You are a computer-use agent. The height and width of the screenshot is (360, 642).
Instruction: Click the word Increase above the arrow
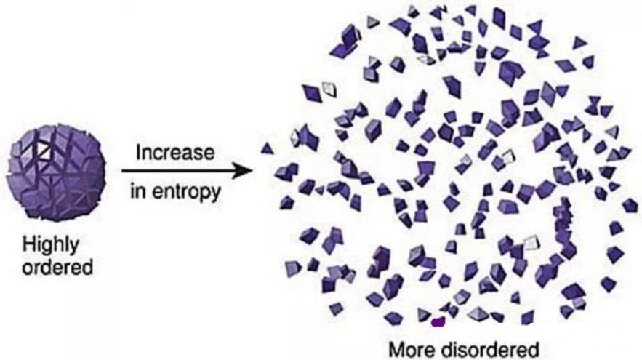pos(175,152)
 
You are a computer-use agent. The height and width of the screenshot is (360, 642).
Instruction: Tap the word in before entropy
pos(138,191)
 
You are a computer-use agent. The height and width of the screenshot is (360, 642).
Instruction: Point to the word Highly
pos(51,245)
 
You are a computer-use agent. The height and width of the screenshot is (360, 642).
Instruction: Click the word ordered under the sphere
pos(57,267)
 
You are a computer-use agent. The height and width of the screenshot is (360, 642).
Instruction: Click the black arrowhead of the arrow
pos(241,170)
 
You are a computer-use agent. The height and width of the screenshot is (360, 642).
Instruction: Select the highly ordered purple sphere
pos(56,172)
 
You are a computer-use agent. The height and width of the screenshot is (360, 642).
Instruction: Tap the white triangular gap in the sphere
pos(44,151)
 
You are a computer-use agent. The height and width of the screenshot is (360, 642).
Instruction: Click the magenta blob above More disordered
pos(438,322)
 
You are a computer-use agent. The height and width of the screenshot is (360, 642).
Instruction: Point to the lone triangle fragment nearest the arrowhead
pos(267,148)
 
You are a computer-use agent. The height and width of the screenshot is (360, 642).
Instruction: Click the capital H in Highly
pos(28,244)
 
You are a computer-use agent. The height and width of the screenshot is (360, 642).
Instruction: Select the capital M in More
pos(396,350)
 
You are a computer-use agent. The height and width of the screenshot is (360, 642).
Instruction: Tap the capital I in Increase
pos(138,152)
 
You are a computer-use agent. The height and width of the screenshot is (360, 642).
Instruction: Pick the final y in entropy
pos(215,194)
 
